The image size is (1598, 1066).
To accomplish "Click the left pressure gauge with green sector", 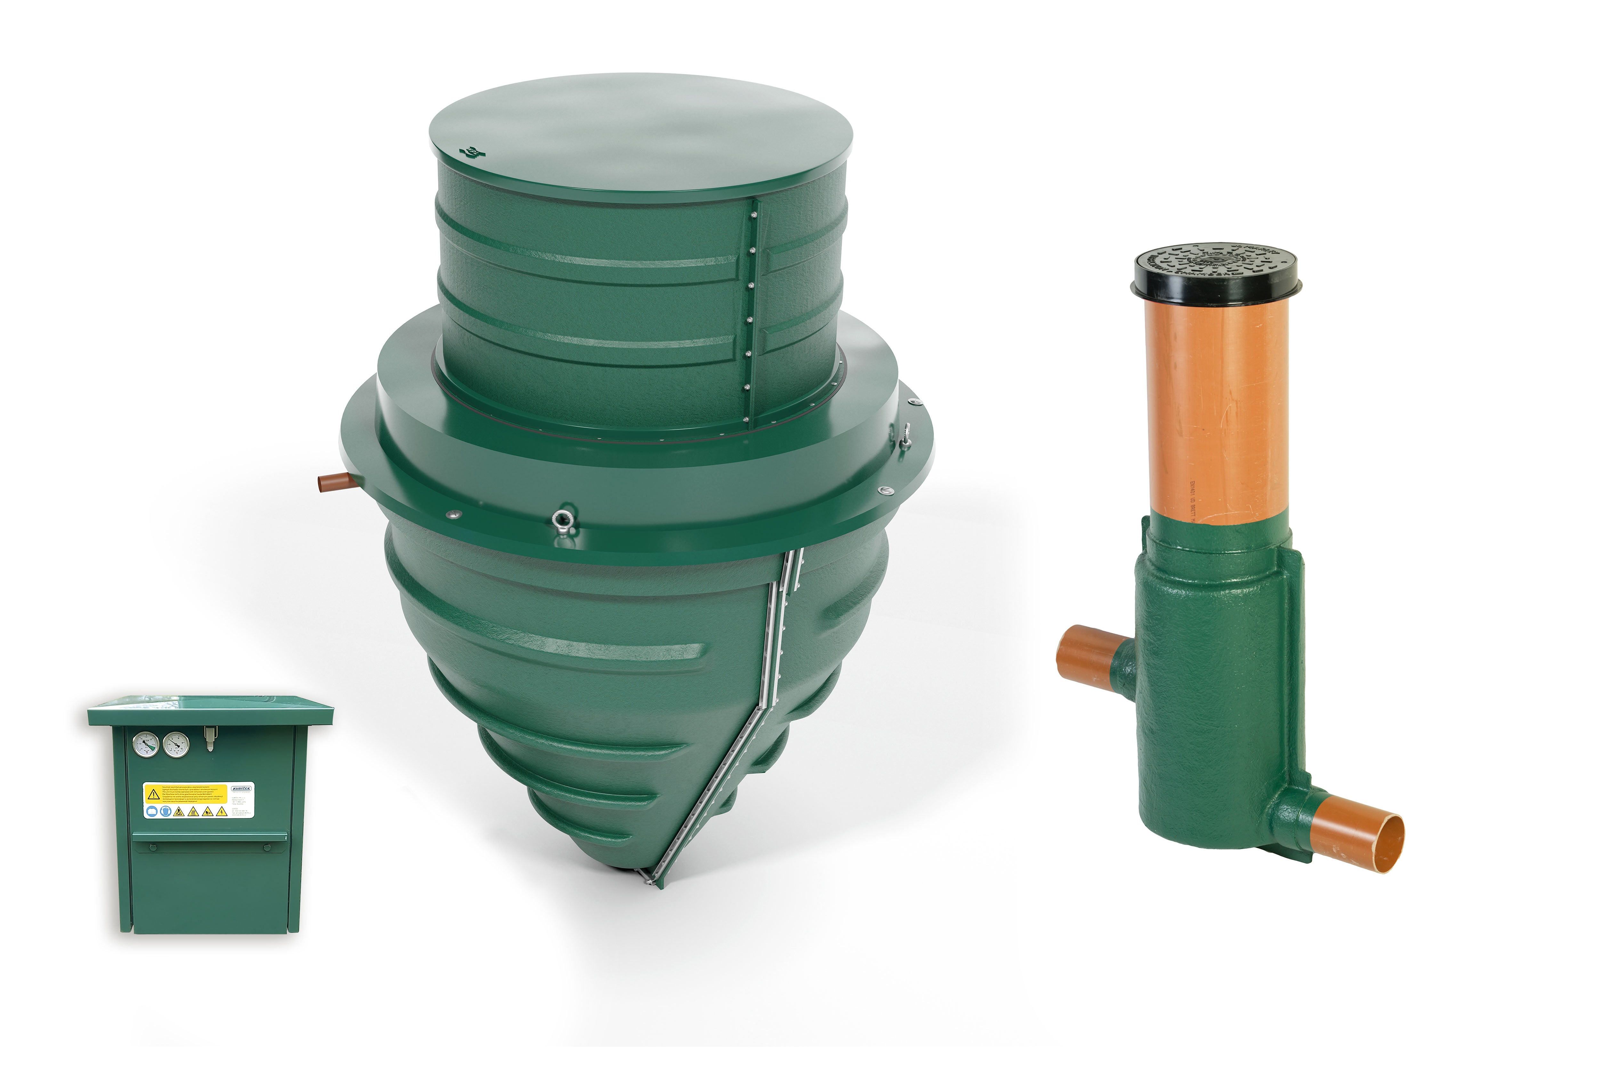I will pyautogui.click(x=146, y=745).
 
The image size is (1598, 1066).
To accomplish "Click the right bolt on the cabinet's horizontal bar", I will pyautogui.click(x=267, y=847).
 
